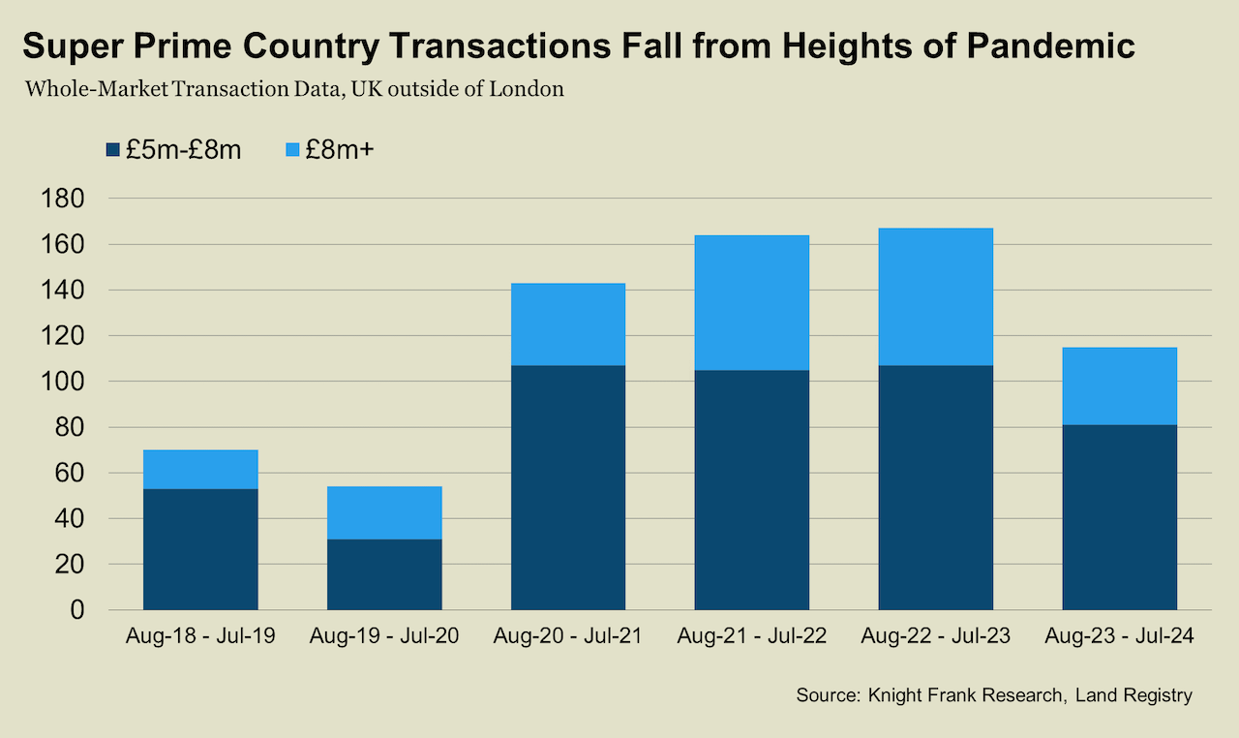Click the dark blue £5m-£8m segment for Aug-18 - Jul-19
tap(200, 549)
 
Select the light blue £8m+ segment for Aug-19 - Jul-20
tap(384, 512)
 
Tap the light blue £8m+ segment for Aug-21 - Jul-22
tap(752, 302)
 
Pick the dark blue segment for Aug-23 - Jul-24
tap(1120, 517)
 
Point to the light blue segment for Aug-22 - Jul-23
tap(936, 296)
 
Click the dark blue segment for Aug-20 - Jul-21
tap(568, 487)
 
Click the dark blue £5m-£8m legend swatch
tap(112, 150)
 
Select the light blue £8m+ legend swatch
tap(291, 150)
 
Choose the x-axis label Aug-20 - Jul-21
tap(568, 637)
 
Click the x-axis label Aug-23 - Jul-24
tap(1120, 637)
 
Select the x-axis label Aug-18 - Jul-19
tap(200, 637)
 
